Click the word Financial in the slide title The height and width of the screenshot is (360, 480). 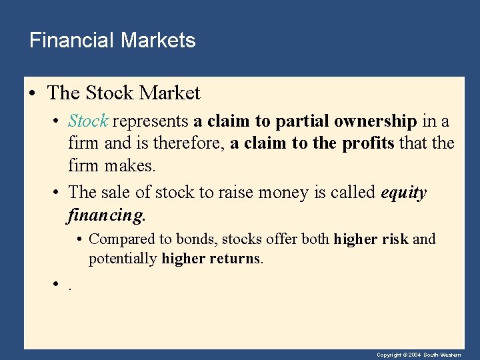point(72,41)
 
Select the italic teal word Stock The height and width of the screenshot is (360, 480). point(88,121)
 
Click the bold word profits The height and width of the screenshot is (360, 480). point(369,143)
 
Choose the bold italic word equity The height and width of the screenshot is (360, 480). point(403,193)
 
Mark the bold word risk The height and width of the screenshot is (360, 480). point(396,239)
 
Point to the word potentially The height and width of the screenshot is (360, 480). point(123,259)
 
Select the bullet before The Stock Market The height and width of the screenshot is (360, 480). point(32,93)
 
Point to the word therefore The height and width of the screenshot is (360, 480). point(190,143)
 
